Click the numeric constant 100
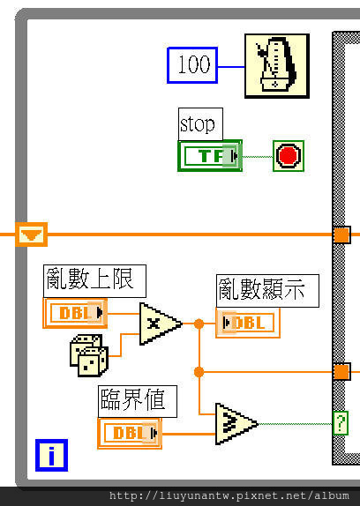click(192, 65)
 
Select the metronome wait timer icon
click(277, 66)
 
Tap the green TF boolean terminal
click(210, 155)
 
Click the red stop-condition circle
click(289, 155)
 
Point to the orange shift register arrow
click(31, 234)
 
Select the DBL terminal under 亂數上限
click(75, 313)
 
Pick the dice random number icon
click(89, 355)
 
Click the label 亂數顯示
click(267, 291)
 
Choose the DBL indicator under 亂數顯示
click(248, 323)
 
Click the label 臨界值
click(138, 401)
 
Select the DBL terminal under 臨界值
click(130, 433)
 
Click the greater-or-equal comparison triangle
click(236, 424)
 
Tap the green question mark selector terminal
click(341, 423)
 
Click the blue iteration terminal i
click(52, 455)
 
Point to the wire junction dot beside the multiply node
click(199, 324)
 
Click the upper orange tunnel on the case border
click(341, 234)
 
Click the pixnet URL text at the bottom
click(229, 495)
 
